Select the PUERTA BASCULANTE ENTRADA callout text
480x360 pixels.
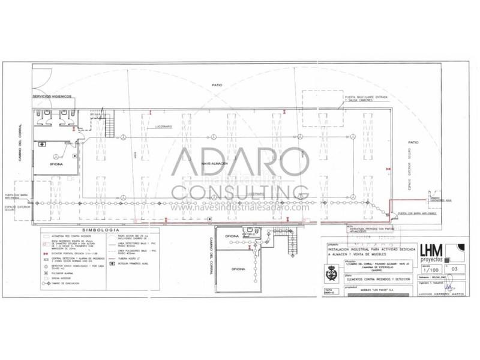(x=366, y=98)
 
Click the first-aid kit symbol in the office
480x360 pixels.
(x=43, y=144)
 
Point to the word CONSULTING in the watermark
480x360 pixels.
(x=240, y=193)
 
